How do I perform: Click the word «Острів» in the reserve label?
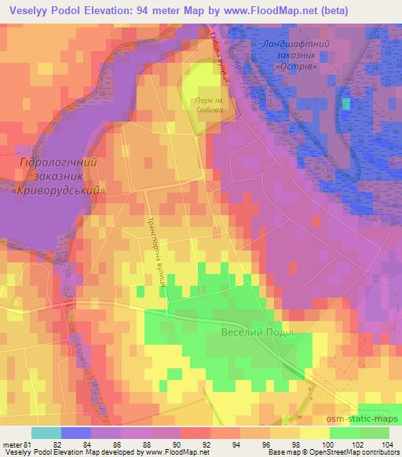click(x=296, y=66)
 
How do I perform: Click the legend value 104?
click(x=382, y=445)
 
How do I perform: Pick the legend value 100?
click(x=324, y=445)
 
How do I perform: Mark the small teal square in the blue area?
click(x=345, y=103)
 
